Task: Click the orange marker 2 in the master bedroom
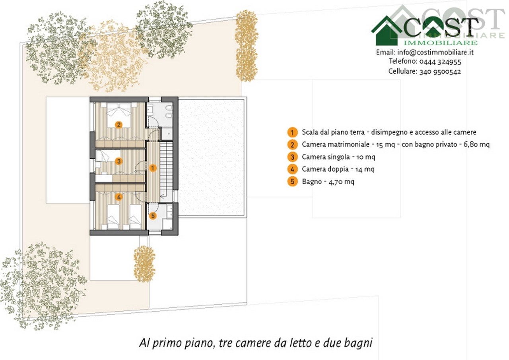(119, 125)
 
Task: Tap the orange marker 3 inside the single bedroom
(119, 161)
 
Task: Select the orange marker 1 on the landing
(153, 168)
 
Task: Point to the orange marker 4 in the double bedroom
(119, 197)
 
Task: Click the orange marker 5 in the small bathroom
(153, 216)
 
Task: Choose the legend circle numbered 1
(292, 132)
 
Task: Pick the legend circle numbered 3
(292, 157)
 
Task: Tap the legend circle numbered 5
(292, 182)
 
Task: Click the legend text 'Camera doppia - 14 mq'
(338, 169)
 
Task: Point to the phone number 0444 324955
(440, 62)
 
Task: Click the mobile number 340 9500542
(440, 72)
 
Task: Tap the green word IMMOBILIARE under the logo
(441, 43)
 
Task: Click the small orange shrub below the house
(144, 264)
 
